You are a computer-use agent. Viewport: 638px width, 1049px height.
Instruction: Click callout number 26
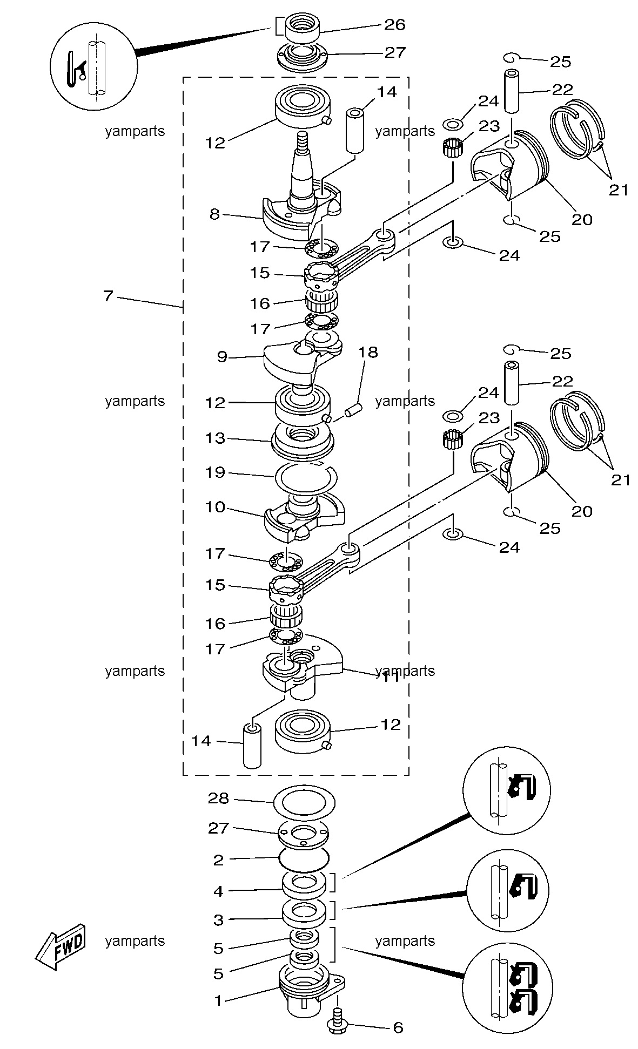(x=394, y=24)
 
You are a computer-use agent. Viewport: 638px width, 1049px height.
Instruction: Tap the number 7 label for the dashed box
(x=108, y=296)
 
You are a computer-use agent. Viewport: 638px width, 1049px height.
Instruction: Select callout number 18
(x=368, y=353)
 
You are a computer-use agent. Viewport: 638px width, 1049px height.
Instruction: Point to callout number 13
(x=214, y=438)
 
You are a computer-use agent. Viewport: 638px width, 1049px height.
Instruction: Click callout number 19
(x=214, y=472)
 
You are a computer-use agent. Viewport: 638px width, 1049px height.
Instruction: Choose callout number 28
(x=218, y=798)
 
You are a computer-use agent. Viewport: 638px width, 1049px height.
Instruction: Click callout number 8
(x=214, y=214)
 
